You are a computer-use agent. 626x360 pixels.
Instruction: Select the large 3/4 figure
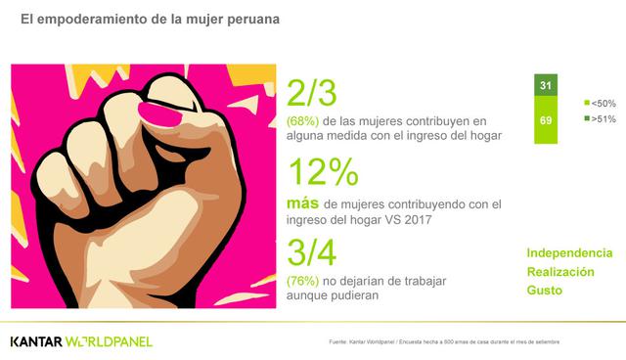(312, 253)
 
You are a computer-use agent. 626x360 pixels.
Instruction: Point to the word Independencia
(570, 252)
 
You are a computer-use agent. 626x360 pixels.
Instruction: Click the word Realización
(560, 271)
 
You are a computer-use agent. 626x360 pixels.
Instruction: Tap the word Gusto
(545, 291)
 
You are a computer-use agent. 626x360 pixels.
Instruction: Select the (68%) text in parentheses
(302, 120)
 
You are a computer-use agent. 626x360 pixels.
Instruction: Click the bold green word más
(301, 203)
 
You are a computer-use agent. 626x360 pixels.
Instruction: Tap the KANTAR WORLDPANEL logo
(81, 340)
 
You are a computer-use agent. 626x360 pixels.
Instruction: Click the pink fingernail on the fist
(156, 110)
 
